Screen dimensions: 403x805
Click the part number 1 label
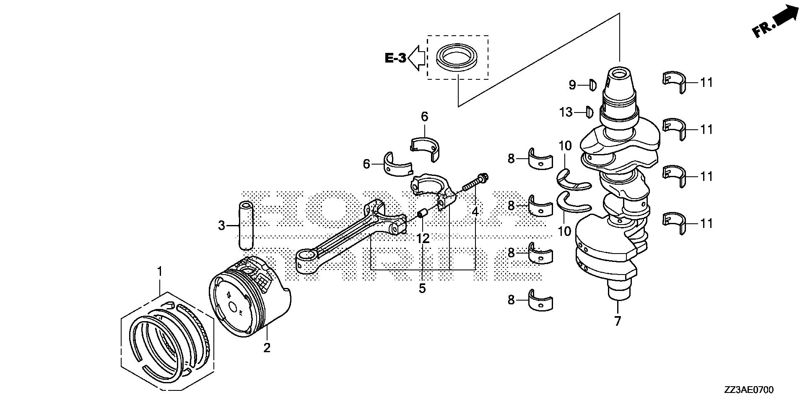coord(159,272)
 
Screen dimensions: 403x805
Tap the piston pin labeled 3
coord(247,226)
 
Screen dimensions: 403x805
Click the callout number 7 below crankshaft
coord(617,321)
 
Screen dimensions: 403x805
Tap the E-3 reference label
coord(395,58)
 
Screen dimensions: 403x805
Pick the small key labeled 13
coord(589,112)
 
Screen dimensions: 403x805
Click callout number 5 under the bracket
coord(422,288)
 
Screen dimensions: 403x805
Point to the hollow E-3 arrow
coord(416,58)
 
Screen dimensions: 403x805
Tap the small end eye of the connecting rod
coord(306,256)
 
